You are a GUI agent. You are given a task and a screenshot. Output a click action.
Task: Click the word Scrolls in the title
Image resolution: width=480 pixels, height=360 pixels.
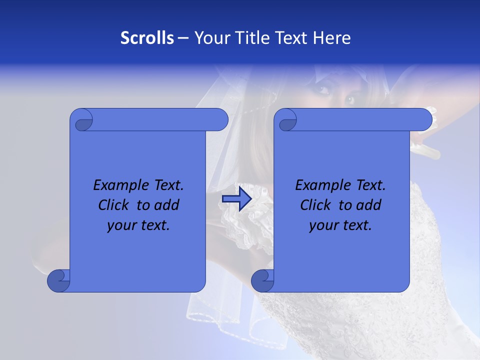coord(147,38)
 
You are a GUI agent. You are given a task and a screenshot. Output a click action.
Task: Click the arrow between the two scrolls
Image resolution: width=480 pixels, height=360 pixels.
coord(236,199)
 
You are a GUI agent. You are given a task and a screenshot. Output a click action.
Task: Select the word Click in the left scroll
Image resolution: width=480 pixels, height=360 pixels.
coord(114,205)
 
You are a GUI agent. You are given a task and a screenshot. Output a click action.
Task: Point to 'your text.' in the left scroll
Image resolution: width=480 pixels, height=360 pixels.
coord(138,225)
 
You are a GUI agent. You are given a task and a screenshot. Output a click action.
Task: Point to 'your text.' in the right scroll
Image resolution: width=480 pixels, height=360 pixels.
coord(340,225)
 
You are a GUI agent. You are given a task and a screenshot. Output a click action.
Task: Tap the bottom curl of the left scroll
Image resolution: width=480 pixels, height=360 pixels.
coord(58,280)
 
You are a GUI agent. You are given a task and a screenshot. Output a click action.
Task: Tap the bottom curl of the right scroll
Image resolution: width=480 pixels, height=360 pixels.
coord(262,280)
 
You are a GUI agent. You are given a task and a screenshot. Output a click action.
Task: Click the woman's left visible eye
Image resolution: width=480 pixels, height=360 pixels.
coord(323,90)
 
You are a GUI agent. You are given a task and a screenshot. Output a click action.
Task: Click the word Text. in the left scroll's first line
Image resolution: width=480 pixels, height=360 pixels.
coord(166,185)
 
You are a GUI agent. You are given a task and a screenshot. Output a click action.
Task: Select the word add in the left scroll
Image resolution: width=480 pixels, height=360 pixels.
coord(166,205)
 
